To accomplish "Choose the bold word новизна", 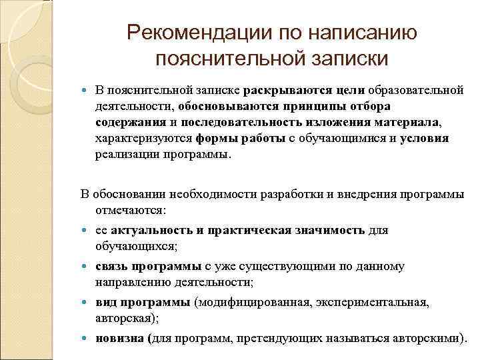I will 121,338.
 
